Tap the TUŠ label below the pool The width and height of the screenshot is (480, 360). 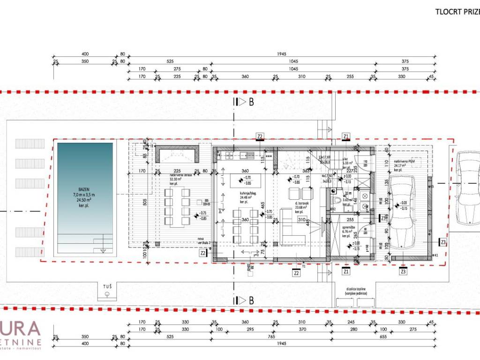tap(107, 285)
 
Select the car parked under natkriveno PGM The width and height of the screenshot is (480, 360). tap(403, 213)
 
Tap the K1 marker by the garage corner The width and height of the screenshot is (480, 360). tap(436, 255)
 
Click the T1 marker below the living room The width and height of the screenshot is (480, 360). tap(304, 266)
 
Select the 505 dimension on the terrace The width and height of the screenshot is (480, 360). tap(145, 202)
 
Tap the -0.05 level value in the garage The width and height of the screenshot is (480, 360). tap(404, 202)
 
